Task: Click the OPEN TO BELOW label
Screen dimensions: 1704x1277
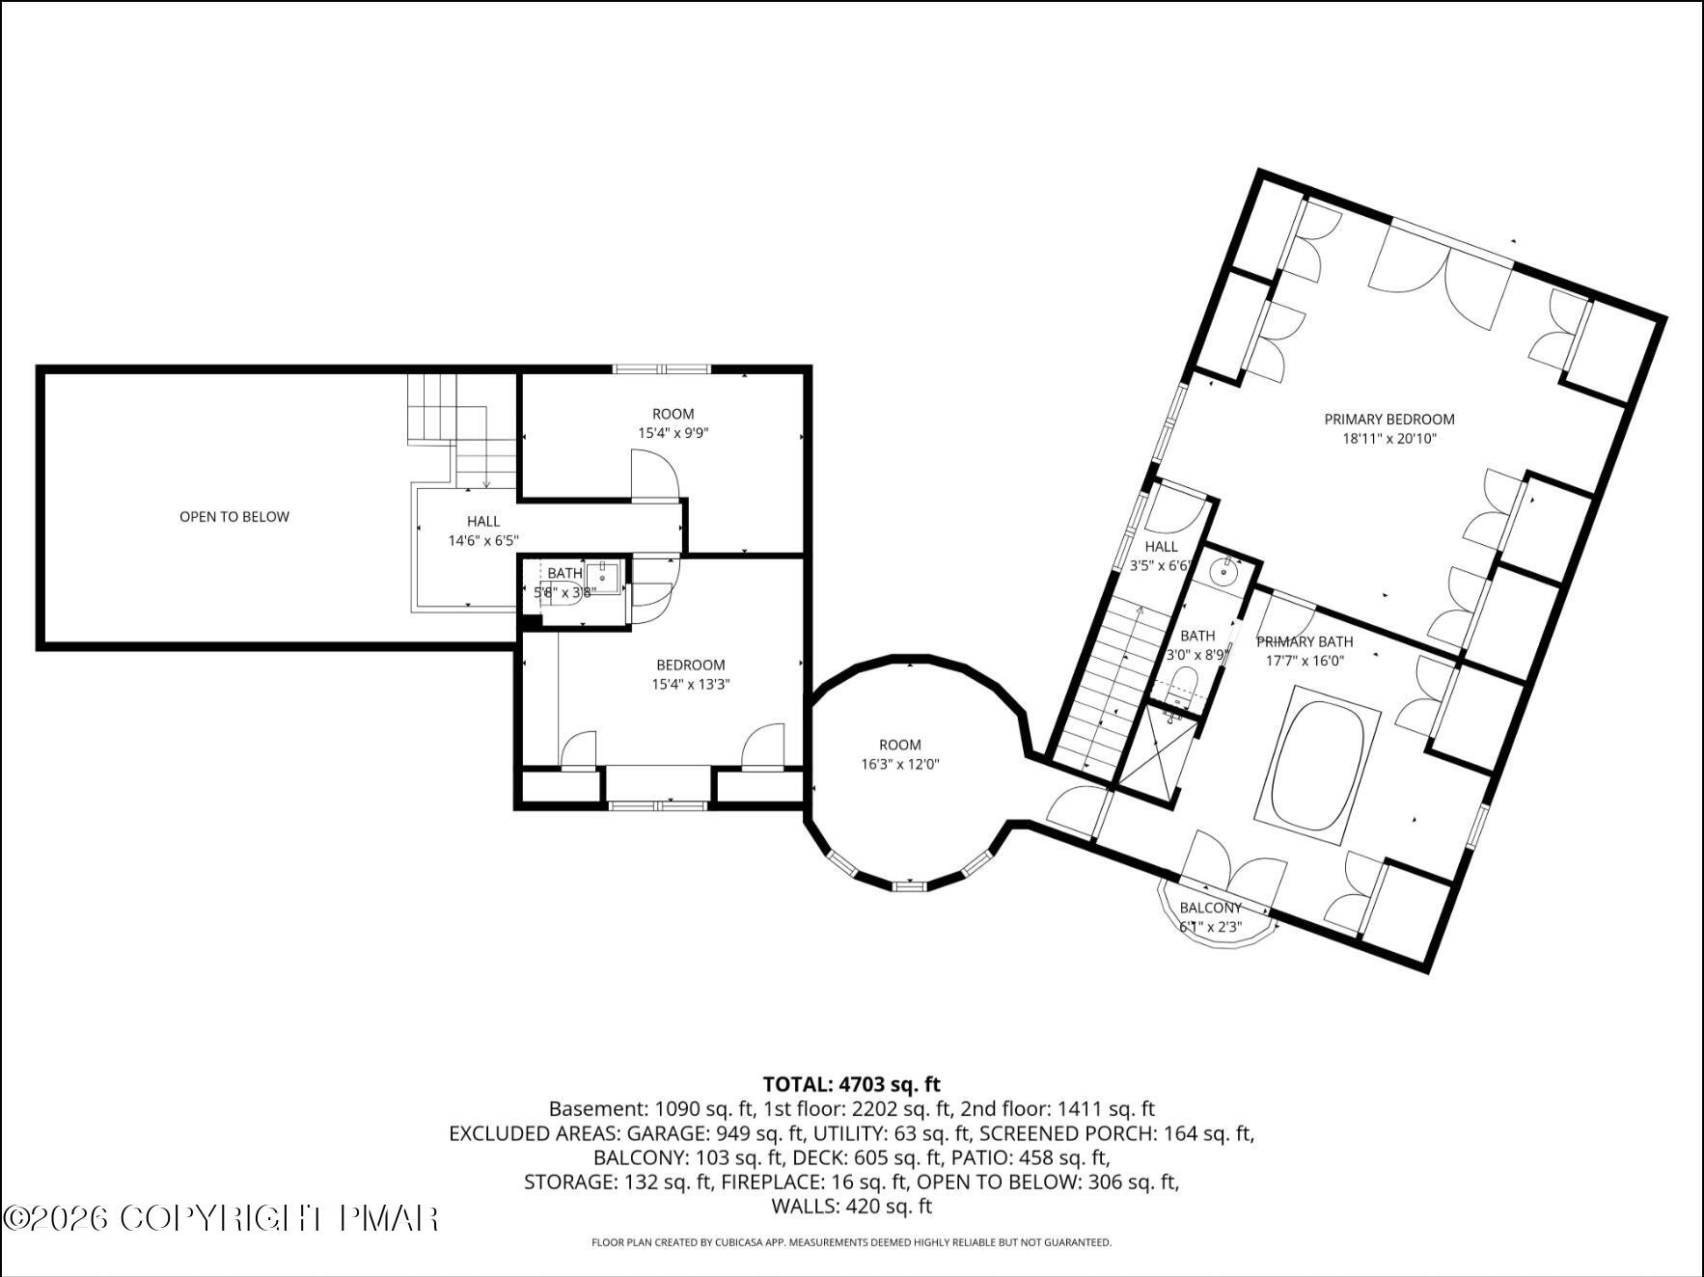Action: tap(234, 517)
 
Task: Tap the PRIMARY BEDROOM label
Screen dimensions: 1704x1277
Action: tap(1389, 420)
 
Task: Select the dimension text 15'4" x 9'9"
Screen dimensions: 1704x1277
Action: tap(673, 433)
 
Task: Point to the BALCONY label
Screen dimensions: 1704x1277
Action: tap(1210, 908)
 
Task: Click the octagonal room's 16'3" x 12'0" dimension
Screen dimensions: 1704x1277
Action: tap(900, 764)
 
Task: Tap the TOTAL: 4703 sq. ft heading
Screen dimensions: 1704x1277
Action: tap(852, 1084)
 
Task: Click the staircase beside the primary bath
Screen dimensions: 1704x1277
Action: tap(1111, 685)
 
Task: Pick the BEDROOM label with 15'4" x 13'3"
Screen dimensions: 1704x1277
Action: tap(691, 665)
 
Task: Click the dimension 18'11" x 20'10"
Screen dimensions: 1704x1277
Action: tap(1389, 439)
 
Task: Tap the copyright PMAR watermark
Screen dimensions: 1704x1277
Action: tap(221, 1218)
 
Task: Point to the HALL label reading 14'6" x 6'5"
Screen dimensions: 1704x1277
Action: tap(483, 522)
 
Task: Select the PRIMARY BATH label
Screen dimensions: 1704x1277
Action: tap(1305, 641)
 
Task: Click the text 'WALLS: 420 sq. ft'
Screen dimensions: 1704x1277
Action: tap(852, 1206)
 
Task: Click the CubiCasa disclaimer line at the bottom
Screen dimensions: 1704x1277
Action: tap(852, 1242)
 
